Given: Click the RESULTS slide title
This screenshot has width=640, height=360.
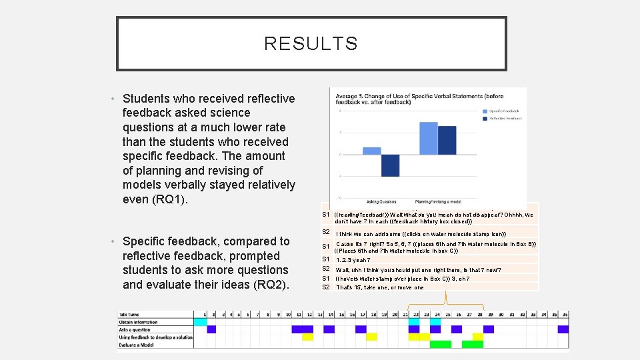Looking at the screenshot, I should [311, 44].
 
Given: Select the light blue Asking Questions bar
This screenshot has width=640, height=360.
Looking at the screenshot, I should [371, 151].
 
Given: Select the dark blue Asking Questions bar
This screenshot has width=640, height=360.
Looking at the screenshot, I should [390, 165].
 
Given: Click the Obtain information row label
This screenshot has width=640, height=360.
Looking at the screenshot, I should [139, 322].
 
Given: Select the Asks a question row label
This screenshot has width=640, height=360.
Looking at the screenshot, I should [136, 329].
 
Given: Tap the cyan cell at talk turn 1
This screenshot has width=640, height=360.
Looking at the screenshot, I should [200, 322].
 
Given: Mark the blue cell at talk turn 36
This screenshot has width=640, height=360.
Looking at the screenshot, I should [563, 329].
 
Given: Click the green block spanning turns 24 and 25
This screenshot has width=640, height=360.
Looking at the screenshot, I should [441, 344].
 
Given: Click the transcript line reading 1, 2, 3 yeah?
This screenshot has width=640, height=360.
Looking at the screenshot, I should [353, 261].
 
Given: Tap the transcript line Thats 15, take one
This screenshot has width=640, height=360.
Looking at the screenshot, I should [380, 287].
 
